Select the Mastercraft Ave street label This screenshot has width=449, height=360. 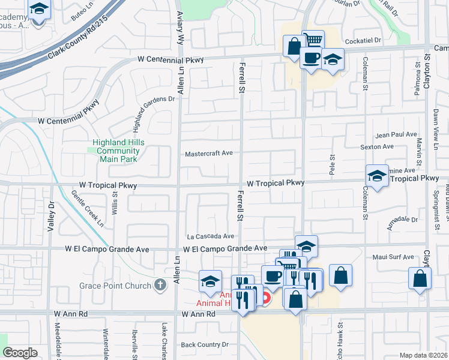tap(208, 153)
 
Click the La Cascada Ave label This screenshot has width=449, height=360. tap(210, 236)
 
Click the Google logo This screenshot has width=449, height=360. tap(20, 353)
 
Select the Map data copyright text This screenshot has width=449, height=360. tap(424, 355)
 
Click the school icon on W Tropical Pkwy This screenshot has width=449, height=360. tap(377, 176)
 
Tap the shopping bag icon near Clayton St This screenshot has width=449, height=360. tap(420, 280)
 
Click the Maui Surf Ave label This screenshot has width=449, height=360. tap(394, 257)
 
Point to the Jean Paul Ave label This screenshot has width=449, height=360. tap(396, 135)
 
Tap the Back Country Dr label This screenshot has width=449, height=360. tap(205, 344)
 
